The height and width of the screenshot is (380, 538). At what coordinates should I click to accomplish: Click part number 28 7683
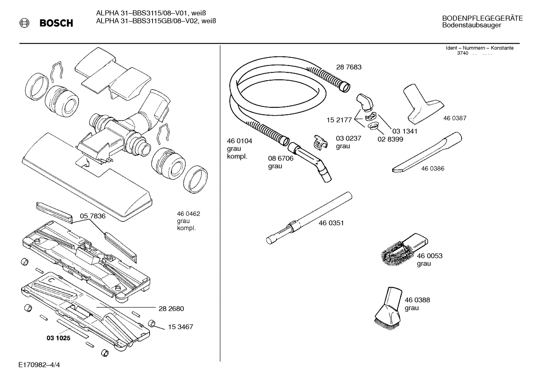pos(348,67)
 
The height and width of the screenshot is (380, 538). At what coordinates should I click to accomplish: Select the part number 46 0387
pos(454,118)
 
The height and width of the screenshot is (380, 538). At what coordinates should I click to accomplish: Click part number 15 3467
pos(180,327)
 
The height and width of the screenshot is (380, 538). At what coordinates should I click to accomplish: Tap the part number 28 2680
pos(171,309)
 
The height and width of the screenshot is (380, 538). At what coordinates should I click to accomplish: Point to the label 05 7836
pos(93,216)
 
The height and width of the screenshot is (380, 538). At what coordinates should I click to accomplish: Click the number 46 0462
pos(188,214)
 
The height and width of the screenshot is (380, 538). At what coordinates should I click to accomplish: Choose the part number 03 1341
pos(404,131)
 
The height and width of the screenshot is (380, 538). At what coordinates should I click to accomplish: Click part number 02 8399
pos(390,139)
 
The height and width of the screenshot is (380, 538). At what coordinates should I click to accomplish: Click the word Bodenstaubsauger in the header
pos(471,25)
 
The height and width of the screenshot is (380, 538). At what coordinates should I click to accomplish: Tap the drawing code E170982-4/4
pos(39,365)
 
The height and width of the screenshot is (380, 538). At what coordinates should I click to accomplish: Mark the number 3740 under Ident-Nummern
pos(462,53)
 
